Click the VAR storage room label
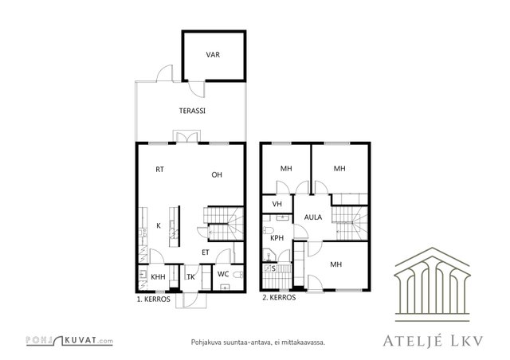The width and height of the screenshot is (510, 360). [213, 55]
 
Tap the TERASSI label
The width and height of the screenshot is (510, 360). [192, 111]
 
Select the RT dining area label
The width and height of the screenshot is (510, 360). [159, 170]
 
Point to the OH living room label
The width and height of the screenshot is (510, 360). [217, 175]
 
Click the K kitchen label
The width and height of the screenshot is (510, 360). [159, 225]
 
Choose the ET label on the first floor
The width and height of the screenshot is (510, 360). [206, 252]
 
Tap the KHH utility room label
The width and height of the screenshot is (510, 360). [158, 277]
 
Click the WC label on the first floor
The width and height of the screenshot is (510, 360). [223, 274]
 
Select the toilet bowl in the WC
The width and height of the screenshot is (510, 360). [238, 275]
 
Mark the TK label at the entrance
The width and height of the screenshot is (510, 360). [191, 277]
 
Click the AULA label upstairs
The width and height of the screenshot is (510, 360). [313, 217]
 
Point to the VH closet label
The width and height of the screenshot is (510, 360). [277, 204]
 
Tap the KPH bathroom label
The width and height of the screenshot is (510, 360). [277, 238]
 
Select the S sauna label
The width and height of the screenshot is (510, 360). [273, 268]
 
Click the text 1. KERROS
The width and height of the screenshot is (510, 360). [154, 299]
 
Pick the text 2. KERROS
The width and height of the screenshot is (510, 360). [279, 298]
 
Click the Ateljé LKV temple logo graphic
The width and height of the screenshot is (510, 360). [432, 284]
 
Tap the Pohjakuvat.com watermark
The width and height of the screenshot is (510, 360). [69, 341]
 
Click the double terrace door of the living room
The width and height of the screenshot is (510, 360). [187, 136]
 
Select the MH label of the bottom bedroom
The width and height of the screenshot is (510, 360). [336, 264]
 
